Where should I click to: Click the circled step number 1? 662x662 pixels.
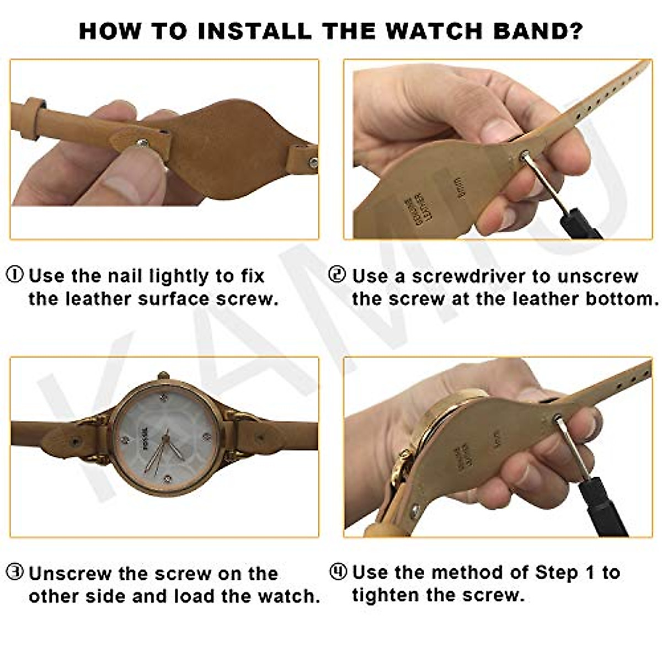coord(15,274)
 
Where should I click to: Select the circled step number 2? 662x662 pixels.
coord(337,274)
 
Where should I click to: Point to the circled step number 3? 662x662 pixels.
coord(15,573)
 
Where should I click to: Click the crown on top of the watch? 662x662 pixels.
coord(163,376)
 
